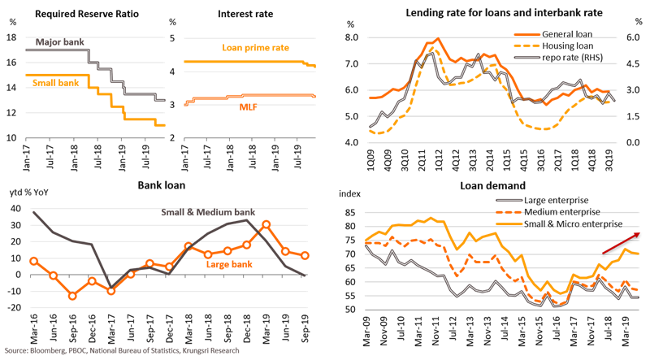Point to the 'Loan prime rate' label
pyautogui.click(x=255, y=48)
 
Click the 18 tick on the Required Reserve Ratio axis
pyautogui.click(x=10, y=38)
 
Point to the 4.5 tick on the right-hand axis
pyautogui.click(x=636, y=64)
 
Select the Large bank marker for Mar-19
pyautogui.click(x=266, y=223)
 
